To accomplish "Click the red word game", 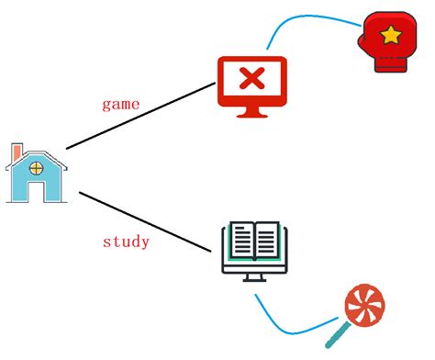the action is (121, 105).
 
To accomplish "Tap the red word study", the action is (126, 242).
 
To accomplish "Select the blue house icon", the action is (37, 173).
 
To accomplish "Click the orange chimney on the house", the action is (17, 152).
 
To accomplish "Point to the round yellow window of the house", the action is (37, 168).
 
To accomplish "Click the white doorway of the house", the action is (37, 191).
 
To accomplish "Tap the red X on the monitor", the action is (252, 78).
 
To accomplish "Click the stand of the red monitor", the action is (252, 112).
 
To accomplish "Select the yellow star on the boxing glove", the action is (391, 35).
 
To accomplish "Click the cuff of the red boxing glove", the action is (391, 64).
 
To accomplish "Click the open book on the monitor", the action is (254, 241).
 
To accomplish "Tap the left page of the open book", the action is (242, 239).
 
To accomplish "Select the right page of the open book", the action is (267, 239).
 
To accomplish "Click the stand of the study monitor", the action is (254, 277).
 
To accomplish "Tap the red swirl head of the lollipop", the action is (364, 305).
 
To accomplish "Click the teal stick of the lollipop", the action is (338, 335).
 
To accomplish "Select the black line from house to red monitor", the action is (141, 116).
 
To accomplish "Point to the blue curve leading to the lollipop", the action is (287, 332).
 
